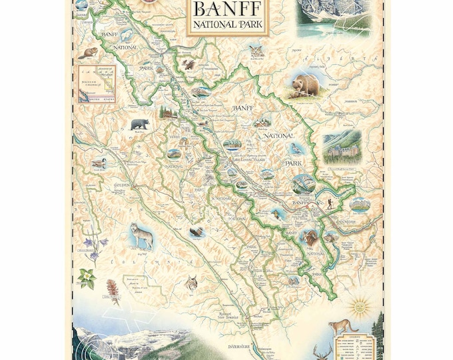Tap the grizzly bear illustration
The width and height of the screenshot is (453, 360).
[x=305, y=86]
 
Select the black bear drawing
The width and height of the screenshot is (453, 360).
[x=140, y=124]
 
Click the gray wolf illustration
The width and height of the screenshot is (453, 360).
[x=142, y=235]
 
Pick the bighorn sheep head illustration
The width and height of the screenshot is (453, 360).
[x=310, y=237]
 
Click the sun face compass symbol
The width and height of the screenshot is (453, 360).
[x=361, y=307]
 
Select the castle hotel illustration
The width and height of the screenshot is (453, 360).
[x=342, y=147]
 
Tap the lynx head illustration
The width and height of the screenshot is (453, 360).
[x=193, y=284]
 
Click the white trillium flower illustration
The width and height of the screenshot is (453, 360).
[x=87, y=278]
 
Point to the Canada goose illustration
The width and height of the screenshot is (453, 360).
[x=99, y=163]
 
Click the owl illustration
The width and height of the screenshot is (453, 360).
[x=254, y=51]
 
